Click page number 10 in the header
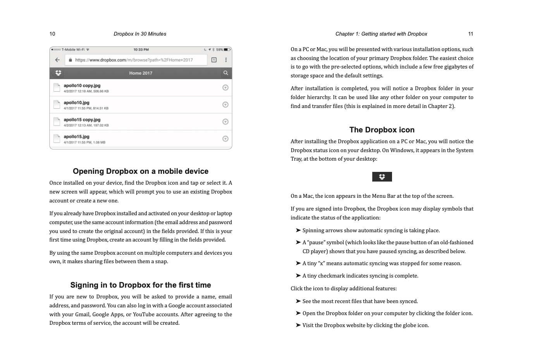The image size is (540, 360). (x=52, y=34)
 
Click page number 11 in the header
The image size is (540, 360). (x=471, y=34)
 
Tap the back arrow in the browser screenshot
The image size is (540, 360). (x=57, y=60)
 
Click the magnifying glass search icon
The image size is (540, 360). (x=225, y=73)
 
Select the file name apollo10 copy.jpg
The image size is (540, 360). (x=82, y=86)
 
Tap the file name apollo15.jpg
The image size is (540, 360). (x=77, y=137)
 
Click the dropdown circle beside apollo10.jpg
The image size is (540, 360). (x=225, y=105)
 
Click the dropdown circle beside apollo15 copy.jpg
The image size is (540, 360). (x=225, y=122)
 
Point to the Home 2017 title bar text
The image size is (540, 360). (x=141, y=73)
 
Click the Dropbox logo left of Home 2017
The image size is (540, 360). (x=58, y=73)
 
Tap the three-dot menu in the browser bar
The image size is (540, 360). (x=226, y=60)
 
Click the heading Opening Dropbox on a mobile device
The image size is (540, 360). (x=141, y=171)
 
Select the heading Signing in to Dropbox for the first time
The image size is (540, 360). (x=141, y=285)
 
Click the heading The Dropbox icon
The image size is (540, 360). (x=382, y=130)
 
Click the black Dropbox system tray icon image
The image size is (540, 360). (x=382, y=177)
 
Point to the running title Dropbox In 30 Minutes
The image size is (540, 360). (x=140, y=34)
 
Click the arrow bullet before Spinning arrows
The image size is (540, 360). (x=298, y=230)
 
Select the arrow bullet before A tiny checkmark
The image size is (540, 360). (x=298, y=276)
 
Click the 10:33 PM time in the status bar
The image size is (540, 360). (x=141, y=50)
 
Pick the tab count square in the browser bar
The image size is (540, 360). (x=214, y=60)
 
